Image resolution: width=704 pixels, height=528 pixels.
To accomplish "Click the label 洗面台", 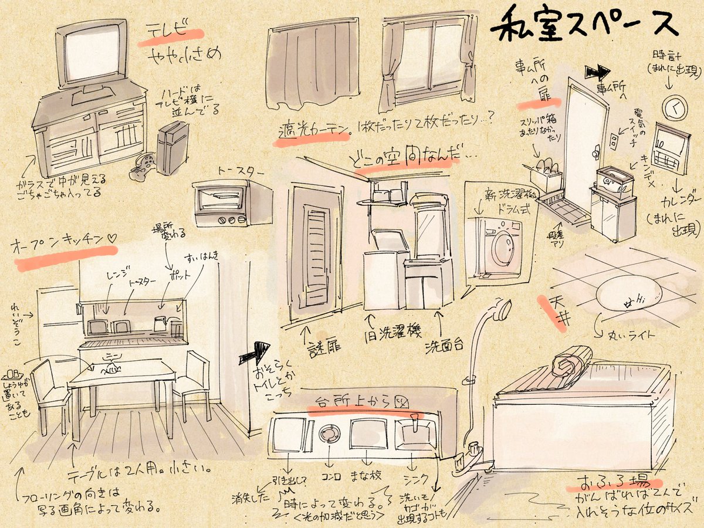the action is [445, 343].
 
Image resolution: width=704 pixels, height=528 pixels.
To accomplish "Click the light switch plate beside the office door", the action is [614, 141].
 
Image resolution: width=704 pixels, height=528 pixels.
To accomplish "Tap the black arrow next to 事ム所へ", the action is [597, 73].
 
